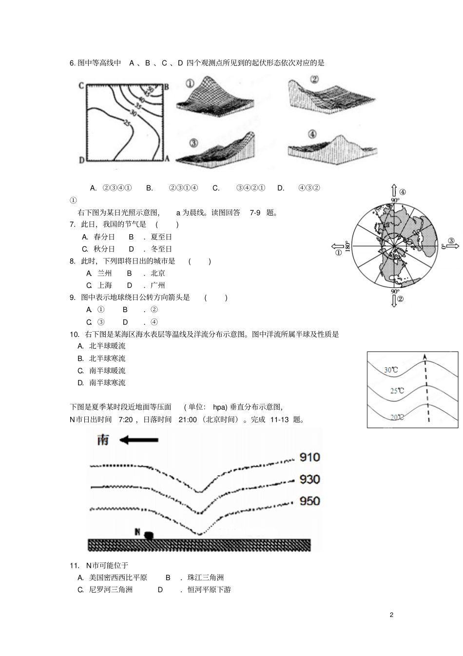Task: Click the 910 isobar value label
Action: (309, 457)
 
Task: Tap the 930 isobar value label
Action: (309, 479)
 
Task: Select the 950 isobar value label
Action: (309, 501)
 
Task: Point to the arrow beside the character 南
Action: (139, 440)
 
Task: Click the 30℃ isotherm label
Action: (391, 370)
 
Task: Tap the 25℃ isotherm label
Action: (397, 391)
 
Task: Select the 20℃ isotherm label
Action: (397, 417)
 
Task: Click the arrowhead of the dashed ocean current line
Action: (425, 357)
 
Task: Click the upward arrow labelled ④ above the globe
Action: (394, 190)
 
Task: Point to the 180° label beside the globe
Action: (347, 247)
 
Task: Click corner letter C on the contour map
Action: (81, 86)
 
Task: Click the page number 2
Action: (391, 615)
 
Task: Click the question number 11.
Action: (74, 565)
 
